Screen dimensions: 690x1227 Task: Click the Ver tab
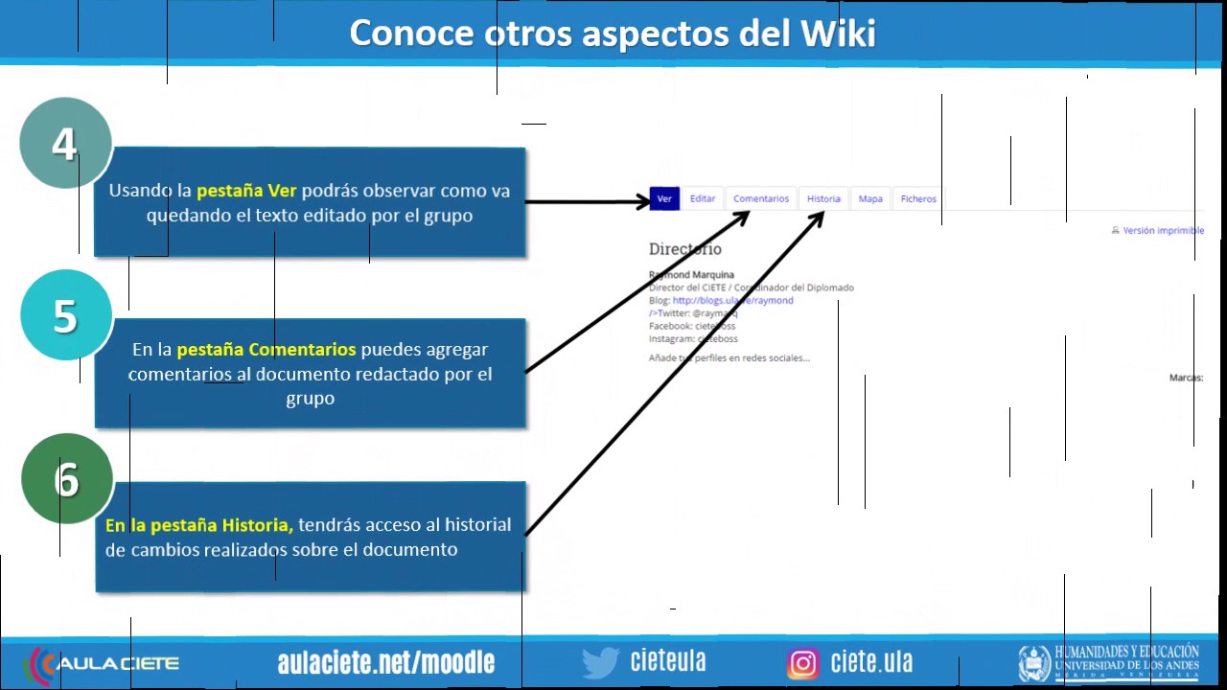click(664, 198)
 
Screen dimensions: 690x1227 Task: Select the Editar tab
click(703, 198)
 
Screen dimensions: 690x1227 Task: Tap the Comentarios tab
click(761, 198)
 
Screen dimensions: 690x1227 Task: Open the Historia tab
click(823, 198)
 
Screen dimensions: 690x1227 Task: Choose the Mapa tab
click(870, 198)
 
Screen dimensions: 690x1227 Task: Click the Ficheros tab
click(918, 198)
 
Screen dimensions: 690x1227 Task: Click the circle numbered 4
click(65, 144)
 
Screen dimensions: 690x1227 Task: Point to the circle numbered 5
click(65, 315)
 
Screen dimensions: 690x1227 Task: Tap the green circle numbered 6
click(66, 478)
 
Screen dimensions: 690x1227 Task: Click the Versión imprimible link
click(1163, 231)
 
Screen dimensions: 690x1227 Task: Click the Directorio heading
click(684, 249)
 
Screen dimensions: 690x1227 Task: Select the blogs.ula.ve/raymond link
click(732, 300)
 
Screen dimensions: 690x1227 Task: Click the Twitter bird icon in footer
click(600, 662)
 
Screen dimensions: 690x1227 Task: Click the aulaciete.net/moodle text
click(385, 662)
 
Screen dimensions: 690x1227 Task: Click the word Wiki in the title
click(837, 34)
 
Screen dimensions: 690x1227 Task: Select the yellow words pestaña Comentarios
click(266, 349)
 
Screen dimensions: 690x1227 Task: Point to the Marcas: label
click(1186, 378)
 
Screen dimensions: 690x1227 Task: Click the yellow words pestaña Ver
click(246, 190)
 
